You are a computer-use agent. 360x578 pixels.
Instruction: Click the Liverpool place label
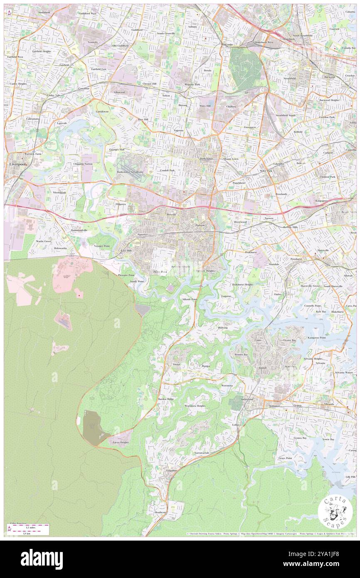(16, 165)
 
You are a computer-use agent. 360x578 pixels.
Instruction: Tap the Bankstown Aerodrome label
(130, 172)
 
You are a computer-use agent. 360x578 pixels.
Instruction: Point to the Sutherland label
(247, 399)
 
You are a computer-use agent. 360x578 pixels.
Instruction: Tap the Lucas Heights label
(121, 442)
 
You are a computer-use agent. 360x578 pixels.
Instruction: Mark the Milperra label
(121, 204)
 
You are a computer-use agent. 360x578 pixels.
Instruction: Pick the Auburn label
(192, 27)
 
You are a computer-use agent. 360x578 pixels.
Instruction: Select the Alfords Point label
(190, 299)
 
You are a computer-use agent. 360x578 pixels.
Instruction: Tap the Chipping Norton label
(83, 164)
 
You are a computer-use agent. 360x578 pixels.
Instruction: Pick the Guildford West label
(88, 13)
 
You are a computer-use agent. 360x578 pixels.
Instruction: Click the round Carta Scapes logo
(335, 512)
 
